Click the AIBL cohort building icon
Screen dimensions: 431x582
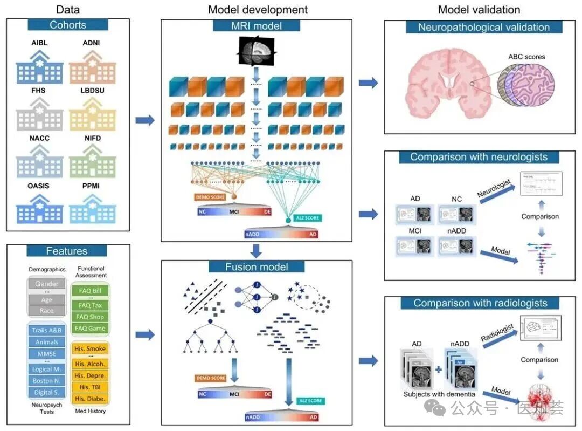tap(39, 67)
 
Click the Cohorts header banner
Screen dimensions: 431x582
tap(68, 25)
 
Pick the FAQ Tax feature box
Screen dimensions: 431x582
tap(89, 305)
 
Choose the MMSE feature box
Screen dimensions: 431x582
tap(46, 354)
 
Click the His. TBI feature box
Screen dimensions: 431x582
tap(89, 387)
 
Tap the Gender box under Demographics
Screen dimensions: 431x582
tap(47, 284)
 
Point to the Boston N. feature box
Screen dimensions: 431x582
tap(46, 380)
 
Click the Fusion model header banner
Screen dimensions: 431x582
tap(257, 266)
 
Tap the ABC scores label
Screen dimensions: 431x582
tap(526, 57)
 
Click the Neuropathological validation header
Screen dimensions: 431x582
tap(476, 27)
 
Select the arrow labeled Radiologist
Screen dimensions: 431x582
tap(498, 337)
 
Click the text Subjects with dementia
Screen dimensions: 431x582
tap(439, 394)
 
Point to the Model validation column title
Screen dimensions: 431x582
tap(479, 10)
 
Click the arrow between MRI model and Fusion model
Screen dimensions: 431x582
tap(257, 250)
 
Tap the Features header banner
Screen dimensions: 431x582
tap(67, 251)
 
